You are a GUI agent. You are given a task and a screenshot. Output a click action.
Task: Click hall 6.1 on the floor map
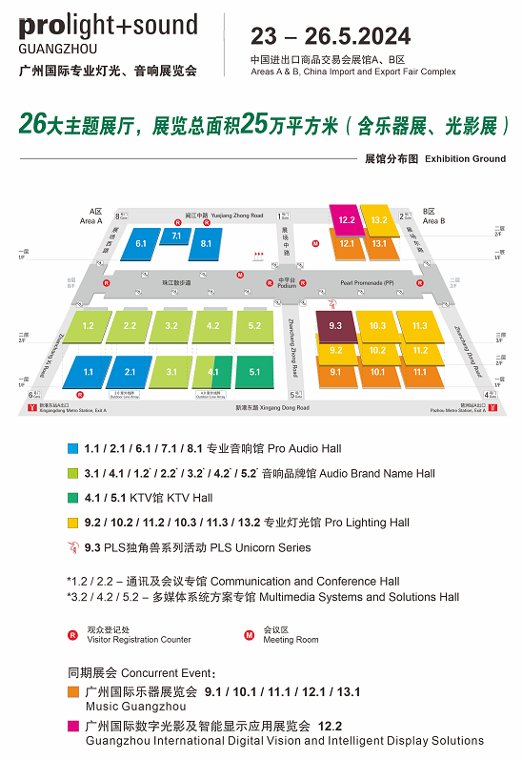[x=140, y=245]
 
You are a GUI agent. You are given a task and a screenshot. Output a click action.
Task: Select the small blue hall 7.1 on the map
[x=176, y=236]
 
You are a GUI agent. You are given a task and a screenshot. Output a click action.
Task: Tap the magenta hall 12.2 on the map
[x=346, y=221]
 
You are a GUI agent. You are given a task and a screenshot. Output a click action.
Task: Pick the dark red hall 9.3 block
[x=335, y=326]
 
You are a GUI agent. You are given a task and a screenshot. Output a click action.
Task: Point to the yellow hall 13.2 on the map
[x=379, y=221]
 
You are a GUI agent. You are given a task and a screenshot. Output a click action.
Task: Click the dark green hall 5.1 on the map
[x=254, y=372]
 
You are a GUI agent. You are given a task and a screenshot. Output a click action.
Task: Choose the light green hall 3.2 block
[x=171, y=326]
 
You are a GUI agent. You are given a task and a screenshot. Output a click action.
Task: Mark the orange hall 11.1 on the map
[x=420, y=372]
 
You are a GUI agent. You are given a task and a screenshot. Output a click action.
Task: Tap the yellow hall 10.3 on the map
[x=377, y=326]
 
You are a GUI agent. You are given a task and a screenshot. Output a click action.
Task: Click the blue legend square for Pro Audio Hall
[x=72, y=448]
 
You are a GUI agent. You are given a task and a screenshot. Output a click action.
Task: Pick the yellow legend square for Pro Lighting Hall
[x=72, y=523]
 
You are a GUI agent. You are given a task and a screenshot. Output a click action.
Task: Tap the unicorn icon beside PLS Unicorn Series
[x=72, y=547]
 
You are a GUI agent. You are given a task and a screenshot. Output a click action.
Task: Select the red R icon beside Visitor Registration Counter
[x=72, y=635]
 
